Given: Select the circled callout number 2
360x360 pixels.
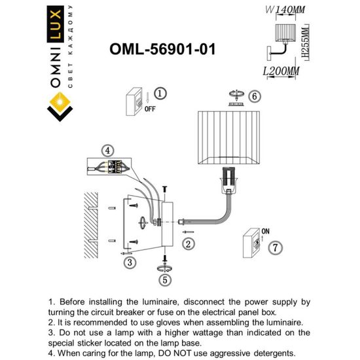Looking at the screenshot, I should (188, 245).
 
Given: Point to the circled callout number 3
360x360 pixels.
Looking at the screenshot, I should (130, 262).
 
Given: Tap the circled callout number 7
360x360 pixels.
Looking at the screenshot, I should (276, 247).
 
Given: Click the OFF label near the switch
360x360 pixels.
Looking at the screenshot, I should (149, 109).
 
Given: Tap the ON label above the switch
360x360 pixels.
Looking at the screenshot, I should (266, 231).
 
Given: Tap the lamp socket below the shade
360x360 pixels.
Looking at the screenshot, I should (228, 181).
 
